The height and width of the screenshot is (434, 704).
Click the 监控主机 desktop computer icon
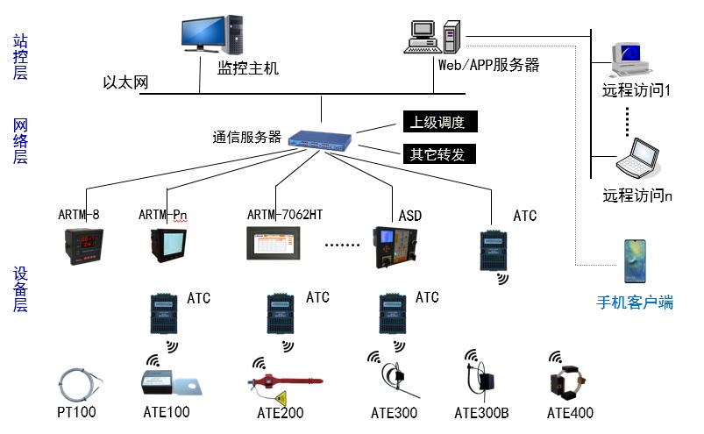coord(213,36)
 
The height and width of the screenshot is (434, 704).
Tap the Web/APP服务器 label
coord(489,65)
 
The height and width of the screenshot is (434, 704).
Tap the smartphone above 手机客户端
coord(634,262)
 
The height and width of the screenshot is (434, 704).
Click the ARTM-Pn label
coord(163,215)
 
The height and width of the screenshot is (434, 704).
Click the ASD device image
coord(395,247)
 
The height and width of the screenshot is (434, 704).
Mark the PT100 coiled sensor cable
coord(81,383)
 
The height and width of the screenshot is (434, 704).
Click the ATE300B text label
coord(481,413)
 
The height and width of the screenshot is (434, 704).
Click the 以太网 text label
coord(126,82)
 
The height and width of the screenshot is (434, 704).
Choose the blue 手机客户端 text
coord(635,302)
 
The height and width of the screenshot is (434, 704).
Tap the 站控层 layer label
coord(20,56)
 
